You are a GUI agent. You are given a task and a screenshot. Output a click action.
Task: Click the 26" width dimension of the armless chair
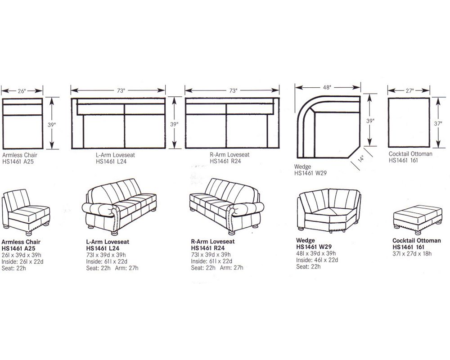tap(22, 90)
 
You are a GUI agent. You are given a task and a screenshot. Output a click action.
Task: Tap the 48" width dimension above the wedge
tap(327, 87)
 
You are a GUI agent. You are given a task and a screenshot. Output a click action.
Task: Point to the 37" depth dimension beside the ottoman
tap(436, 123)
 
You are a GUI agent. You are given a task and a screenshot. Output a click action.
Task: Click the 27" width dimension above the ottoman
tap(409, 90)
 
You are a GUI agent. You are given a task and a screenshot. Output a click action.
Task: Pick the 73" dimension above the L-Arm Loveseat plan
tap(121, 90)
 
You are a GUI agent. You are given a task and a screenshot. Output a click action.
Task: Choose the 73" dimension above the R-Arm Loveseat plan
tap(233, 90)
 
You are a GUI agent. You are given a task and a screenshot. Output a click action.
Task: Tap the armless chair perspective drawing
tap(26, 211)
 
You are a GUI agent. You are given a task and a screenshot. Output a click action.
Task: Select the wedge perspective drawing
tap(328, 210)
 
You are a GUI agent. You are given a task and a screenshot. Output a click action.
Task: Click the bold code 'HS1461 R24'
tap(207, 248)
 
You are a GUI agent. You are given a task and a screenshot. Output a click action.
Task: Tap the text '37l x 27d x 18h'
tap(412, 253)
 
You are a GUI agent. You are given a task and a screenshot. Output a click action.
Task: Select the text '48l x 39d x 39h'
tap(317, 253)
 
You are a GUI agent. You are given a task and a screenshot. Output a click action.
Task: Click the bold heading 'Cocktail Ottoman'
tap(416, 241)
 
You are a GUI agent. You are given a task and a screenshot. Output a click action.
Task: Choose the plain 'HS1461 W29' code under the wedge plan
tap(310, 173)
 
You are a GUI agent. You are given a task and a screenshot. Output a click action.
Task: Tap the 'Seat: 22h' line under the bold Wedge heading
tap(308, 266)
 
